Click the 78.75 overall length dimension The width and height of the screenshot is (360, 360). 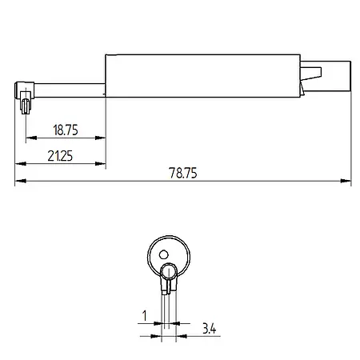183,173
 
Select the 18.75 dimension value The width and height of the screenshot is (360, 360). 66,129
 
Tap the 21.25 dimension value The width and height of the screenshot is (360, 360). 60,156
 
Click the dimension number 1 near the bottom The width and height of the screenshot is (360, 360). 143,318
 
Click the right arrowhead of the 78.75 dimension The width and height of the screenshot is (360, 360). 346,182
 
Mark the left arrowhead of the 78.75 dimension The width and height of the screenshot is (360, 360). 20,182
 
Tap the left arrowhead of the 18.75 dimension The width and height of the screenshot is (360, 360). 30,138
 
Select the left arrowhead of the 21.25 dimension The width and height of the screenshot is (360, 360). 20,164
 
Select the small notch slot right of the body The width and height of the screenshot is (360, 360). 313,73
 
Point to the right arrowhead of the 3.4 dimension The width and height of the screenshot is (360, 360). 180,336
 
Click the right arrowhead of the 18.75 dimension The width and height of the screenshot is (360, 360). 102,138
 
